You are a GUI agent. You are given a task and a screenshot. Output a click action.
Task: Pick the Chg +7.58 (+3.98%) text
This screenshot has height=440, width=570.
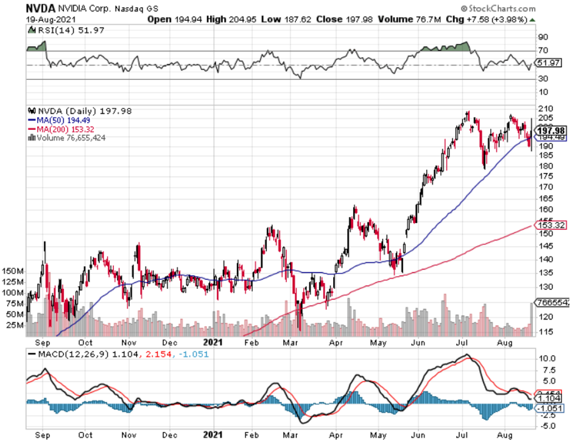(494, 20)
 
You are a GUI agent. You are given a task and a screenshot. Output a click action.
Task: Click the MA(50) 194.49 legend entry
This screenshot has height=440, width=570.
(57, 120)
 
